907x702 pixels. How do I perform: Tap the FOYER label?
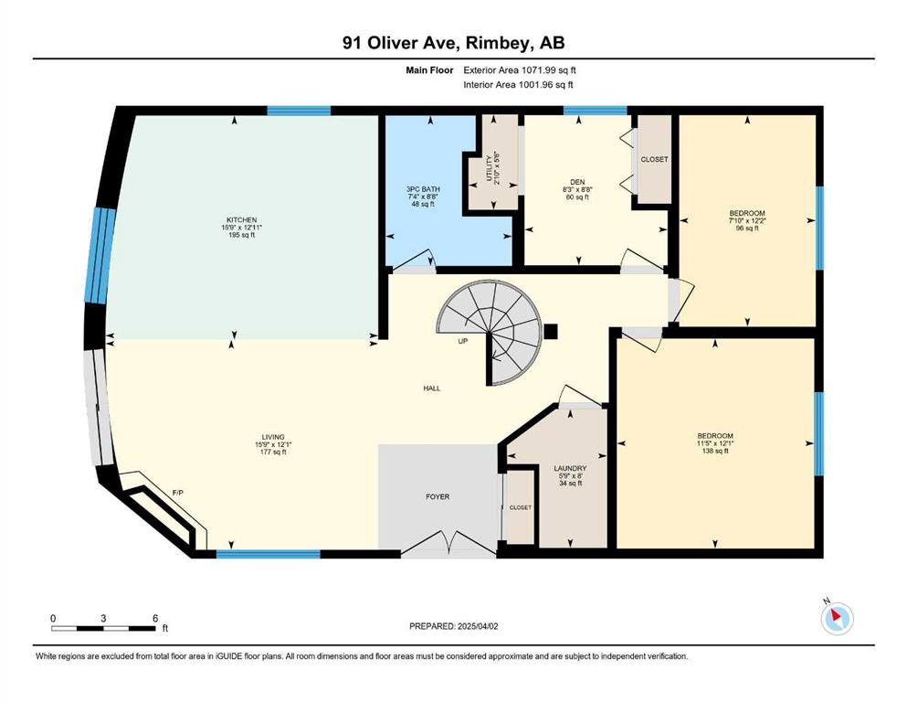click(438, 496)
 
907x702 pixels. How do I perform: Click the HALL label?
click(431, 388)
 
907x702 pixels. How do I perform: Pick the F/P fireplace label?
click(178, 493)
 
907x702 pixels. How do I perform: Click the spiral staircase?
click(490, 332)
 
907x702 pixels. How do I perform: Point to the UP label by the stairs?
click(463, 342)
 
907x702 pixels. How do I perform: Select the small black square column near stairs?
click(550, 332)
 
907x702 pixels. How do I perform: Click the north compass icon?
click(837, 618)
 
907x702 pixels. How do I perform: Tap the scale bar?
click(103, 628)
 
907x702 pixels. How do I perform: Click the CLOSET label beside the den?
click(654, 159)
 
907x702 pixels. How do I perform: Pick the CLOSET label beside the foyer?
click(520, 507)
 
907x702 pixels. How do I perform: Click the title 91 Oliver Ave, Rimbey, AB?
click(453, 43)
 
